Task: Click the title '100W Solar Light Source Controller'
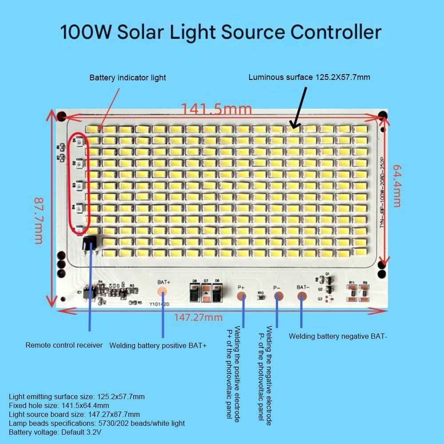221,33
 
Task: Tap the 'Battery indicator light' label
127,78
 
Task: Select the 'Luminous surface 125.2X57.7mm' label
309,77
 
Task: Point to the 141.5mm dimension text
216,109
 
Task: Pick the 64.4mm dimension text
396,185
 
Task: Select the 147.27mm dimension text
198,317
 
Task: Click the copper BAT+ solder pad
163,292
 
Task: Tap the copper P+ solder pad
241,297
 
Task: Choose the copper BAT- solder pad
302,297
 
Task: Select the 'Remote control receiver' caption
64,345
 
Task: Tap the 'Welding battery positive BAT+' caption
158,345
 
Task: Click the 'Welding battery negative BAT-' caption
338,337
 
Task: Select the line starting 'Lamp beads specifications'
97,423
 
